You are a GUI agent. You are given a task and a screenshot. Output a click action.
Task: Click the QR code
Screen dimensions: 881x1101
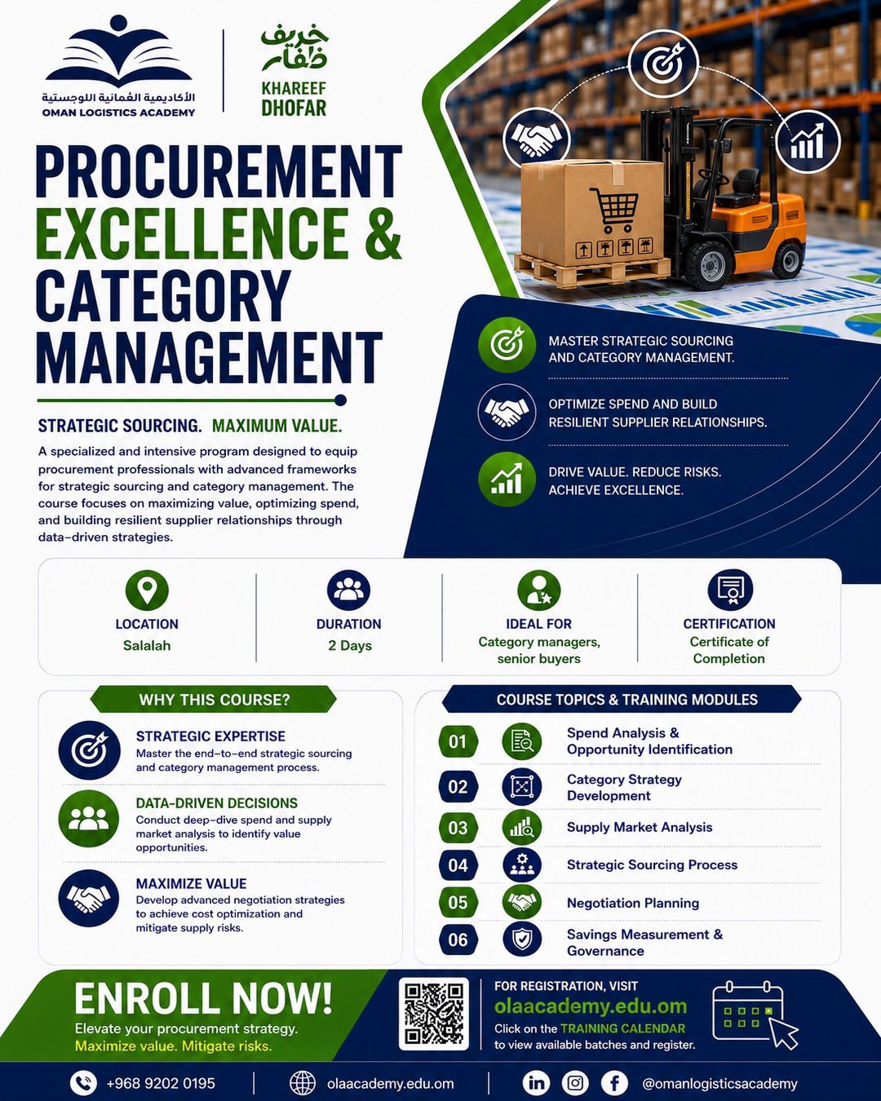[x=434, y=1014]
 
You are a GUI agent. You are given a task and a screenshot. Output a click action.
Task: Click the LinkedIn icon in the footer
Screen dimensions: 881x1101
[x=536, y=1082]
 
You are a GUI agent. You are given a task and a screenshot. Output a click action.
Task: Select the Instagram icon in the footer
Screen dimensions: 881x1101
[x=575, y=1082]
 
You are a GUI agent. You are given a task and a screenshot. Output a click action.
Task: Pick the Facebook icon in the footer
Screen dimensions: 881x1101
[x=614, y=1082]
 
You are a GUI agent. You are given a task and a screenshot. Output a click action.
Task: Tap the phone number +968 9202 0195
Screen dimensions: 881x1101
[x=161, y=1083]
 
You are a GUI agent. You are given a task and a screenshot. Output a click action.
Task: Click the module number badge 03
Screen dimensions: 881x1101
[x=458, y=827]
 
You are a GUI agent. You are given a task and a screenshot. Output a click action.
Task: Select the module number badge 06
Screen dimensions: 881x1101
[x=458, y=940]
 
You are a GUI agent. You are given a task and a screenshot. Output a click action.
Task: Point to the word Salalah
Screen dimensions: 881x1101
[x=146, y=645]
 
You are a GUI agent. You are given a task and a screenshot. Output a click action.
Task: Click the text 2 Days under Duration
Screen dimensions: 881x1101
[x=350, y=645]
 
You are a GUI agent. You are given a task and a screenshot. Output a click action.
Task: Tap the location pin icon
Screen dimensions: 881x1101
[x=147, y=590]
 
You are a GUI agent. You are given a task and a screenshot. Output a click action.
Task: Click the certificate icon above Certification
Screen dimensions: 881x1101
[x=730, y=590]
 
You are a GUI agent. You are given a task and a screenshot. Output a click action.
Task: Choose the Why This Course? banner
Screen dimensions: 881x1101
[x=214, y=700]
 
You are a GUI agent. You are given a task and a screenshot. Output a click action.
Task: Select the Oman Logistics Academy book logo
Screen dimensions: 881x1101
[x=118, y=54]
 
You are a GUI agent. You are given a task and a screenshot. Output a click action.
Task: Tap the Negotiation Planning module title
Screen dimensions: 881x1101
[x=633, y=903]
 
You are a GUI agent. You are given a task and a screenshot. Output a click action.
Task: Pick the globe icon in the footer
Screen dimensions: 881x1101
[x=303, y=1083]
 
